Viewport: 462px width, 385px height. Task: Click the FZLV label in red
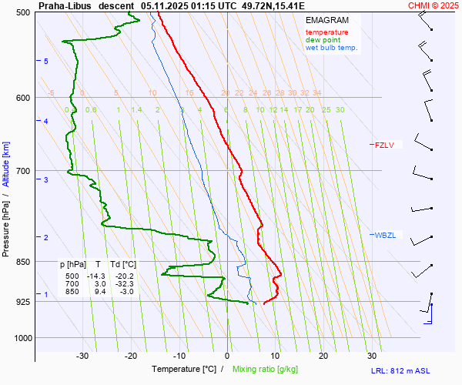point(383,145)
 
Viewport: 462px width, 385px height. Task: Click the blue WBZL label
point(384,235)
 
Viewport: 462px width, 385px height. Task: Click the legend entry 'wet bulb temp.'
point(331,48)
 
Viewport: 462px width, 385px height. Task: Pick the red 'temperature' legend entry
point(326,32)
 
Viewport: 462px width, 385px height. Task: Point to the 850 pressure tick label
point(22,262)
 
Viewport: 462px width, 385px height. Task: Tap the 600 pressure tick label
point(22,98)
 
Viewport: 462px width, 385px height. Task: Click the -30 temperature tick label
point(82,356)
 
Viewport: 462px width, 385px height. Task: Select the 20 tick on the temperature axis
point(323,356)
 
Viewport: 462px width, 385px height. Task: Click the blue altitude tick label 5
point(46,61)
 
